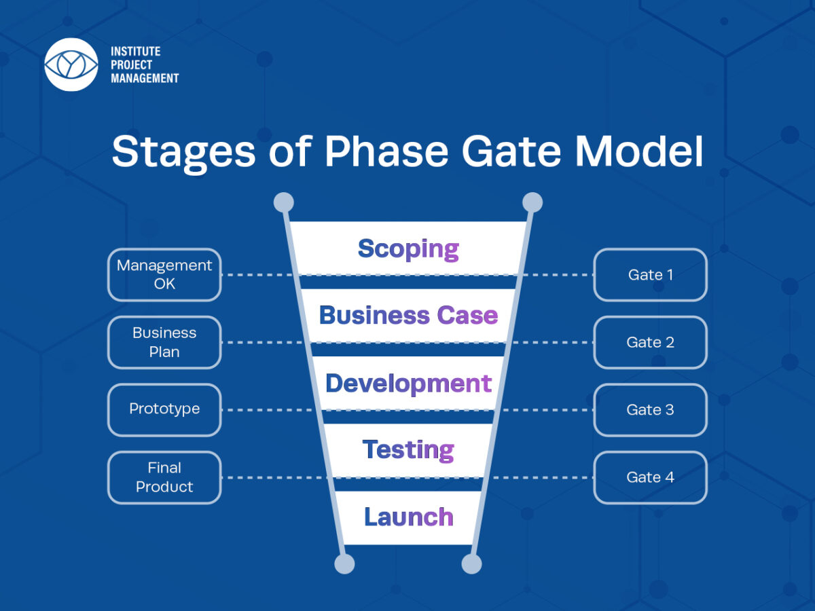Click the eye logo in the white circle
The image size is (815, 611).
(71, 64)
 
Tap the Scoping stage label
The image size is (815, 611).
(408, 248)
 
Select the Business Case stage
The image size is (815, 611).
(408, 315)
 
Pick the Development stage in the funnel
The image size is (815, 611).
(408, 383)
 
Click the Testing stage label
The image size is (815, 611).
(408, 449)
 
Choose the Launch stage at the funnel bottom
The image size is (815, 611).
(408, 517)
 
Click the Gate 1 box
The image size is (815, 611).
(650, 275)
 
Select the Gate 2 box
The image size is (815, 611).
(650, 342)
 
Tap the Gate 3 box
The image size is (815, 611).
(650, 409)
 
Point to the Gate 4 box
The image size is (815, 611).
(650, 477)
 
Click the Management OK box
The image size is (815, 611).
(164, 275)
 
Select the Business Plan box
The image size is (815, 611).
(164, 342)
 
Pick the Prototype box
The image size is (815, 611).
(164, 409)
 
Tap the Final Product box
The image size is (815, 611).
(164, 477)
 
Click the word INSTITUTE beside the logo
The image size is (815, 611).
(136, 52)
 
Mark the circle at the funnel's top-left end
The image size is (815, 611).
(283, 202)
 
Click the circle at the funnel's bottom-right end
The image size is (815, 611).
(471, 563)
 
